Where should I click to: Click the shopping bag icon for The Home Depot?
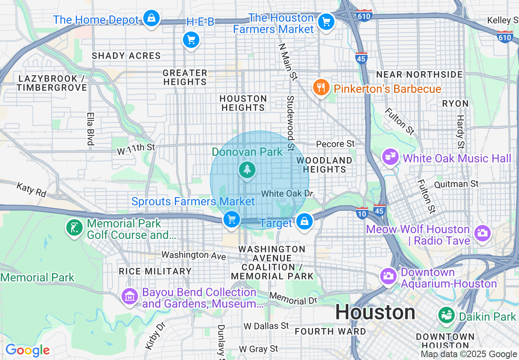(x=151, y=18)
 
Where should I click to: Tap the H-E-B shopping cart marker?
(x=191, y=40)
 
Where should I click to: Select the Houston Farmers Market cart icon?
(x=326, y=22)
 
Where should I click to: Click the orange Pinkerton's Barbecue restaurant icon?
(x=321, y=88)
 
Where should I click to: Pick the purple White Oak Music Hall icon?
(x=390, y=157)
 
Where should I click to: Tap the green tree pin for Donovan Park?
(x=247, y=169)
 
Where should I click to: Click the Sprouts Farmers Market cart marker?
(x=232, y=220)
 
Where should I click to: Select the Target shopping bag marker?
(x=304, y=221)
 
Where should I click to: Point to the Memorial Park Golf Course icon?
(x=74, y=228)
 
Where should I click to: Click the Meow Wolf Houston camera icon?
(x=482, y=233)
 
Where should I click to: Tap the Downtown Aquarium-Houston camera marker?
(x=388, y=276)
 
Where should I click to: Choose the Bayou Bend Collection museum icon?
(x=130, y=297)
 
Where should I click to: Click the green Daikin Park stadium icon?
(x=447, y=315)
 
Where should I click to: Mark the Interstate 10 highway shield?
(x=362, y=212)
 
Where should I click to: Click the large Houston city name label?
(x=375, y=313)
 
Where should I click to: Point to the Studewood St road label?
(x=291, y=123)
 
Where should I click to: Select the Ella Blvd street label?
(x=90, y=129)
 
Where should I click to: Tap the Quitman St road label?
(x=456, y=184)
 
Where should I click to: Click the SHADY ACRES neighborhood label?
(x=126, y=56)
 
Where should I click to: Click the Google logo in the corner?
(x=27, y=350)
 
